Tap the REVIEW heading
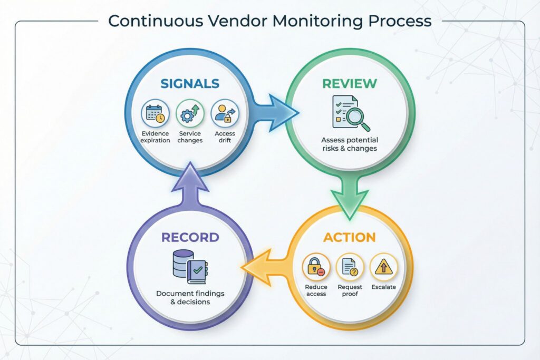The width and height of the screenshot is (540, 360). pyautogui.click(x=350, y=83)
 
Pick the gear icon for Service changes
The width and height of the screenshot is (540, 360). pyautogui.click(x=189, y=114)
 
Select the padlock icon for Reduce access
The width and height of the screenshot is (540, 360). pyautogui.click(x=316, y=267)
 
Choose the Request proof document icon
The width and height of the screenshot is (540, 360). pyautogui.click(x=350, y=267)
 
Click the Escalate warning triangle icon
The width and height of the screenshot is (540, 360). pyautogui.click(x=383, y=267)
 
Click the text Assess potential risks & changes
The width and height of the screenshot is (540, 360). pyautogui.click(x=350, y=144)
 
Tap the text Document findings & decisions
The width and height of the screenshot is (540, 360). pyautogui.click(x=190, y=297)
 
